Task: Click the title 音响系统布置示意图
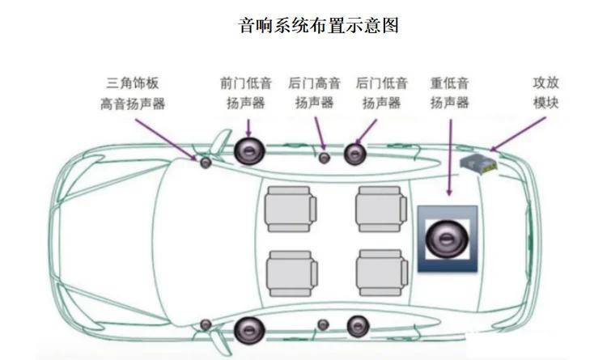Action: (319, 25)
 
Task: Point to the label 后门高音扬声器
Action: (314, 93)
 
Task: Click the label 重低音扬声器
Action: (450, 93)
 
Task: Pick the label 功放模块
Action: (545, 93)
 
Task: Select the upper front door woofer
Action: (248, 150)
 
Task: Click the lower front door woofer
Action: (248, 328)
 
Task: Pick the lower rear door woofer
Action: (357, 325)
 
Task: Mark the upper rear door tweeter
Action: (324, 157)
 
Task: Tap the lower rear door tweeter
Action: (323, 325)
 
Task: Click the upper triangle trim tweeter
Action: (206, 163)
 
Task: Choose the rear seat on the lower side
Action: (379, 273)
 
